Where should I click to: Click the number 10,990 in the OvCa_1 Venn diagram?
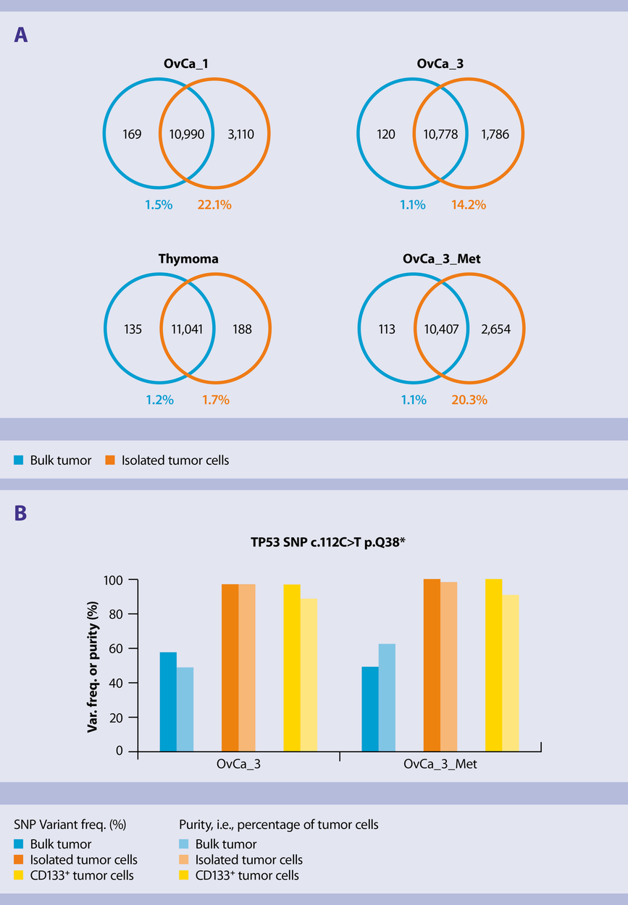pos(187,134)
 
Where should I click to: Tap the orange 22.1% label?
pos(214,205)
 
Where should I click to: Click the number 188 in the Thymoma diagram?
pos(242,329)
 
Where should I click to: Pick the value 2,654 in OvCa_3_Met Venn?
pos(495,329)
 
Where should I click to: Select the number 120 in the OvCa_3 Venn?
pos(385,134)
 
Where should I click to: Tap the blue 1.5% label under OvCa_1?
pos(158,205)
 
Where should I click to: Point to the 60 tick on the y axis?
pos(115,649)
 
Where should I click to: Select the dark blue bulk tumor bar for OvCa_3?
pos(168,702)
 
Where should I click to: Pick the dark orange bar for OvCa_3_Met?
pos(432,665)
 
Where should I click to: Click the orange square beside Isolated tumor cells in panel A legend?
pos(109,460)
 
